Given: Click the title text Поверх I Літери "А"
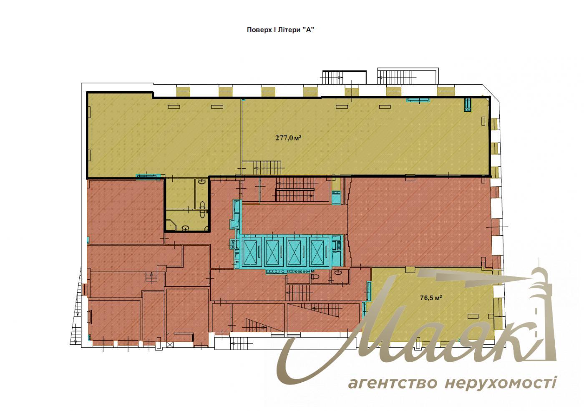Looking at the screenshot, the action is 280,30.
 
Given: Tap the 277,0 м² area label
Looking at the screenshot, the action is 288,138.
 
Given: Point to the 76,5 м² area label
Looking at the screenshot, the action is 431,298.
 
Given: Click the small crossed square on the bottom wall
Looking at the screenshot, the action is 170,345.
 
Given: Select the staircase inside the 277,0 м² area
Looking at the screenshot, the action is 267,168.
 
